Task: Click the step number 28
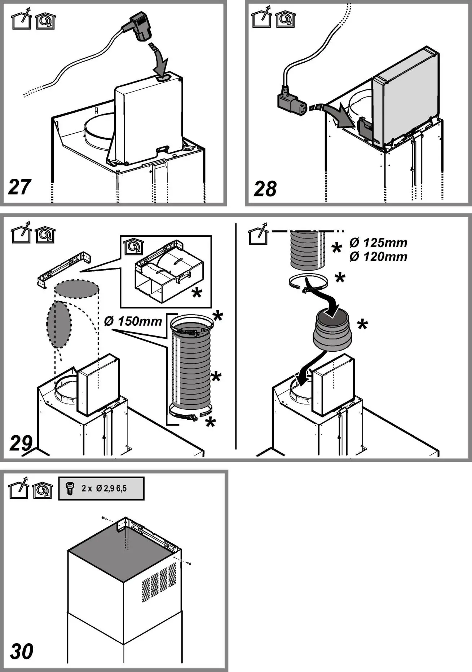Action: tap(265, 189)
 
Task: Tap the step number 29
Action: tap(21, 443)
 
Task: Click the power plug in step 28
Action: tap(291, 103)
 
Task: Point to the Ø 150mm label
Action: tap(133, 321)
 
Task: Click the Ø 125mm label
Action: tap(378, 243)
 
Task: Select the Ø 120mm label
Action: tap(378, 257)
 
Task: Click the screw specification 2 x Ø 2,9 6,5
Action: tap(105, 489)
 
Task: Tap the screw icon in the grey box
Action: tap(69, 489)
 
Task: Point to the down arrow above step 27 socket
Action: tap(160, 60)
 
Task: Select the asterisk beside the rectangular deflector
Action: tap(197, 293)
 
